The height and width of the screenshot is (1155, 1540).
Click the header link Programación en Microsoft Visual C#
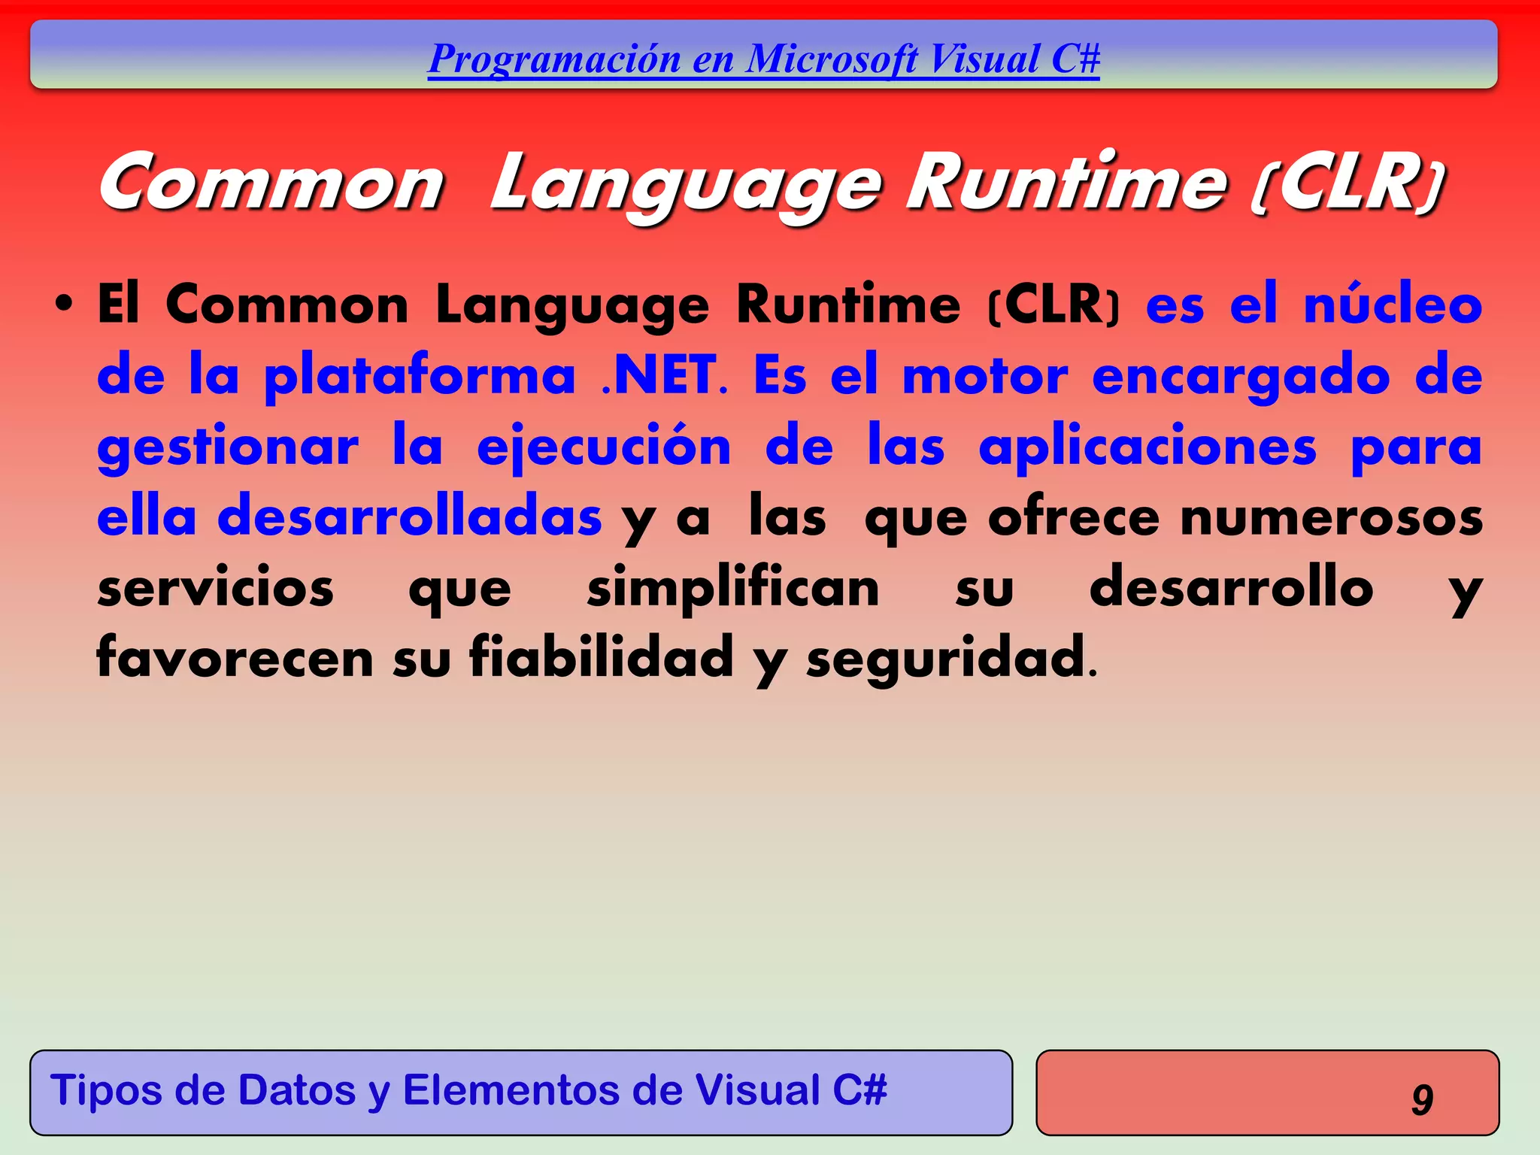tap(763, 59)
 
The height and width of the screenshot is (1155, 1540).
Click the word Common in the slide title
tap(271, 183)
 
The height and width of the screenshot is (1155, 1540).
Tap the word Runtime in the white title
tap(1066, 183)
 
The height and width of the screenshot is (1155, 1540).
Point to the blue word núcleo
tap(1393, 305)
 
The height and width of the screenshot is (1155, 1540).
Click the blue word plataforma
tap(420, 375)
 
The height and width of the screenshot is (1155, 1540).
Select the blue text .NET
tap(659, 375)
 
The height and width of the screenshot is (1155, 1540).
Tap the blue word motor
tap(984, 375)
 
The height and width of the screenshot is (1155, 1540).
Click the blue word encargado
tap(1241, 377)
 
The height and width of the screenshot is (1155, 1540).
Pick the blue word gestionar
tap(228, 447)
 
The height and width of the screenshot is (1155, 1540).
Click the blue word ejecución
tap(604, 447)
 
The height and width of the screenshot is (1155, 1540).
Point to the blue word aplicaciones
tap(1147, 447)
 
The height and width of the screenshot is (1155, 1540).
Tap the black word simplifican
tap(733, 589)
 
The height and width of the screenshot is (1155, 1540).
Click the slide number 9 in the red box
tap(1422, 1099)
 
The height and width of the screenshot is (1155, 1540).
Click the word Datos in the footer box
tap(296, 1090)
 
